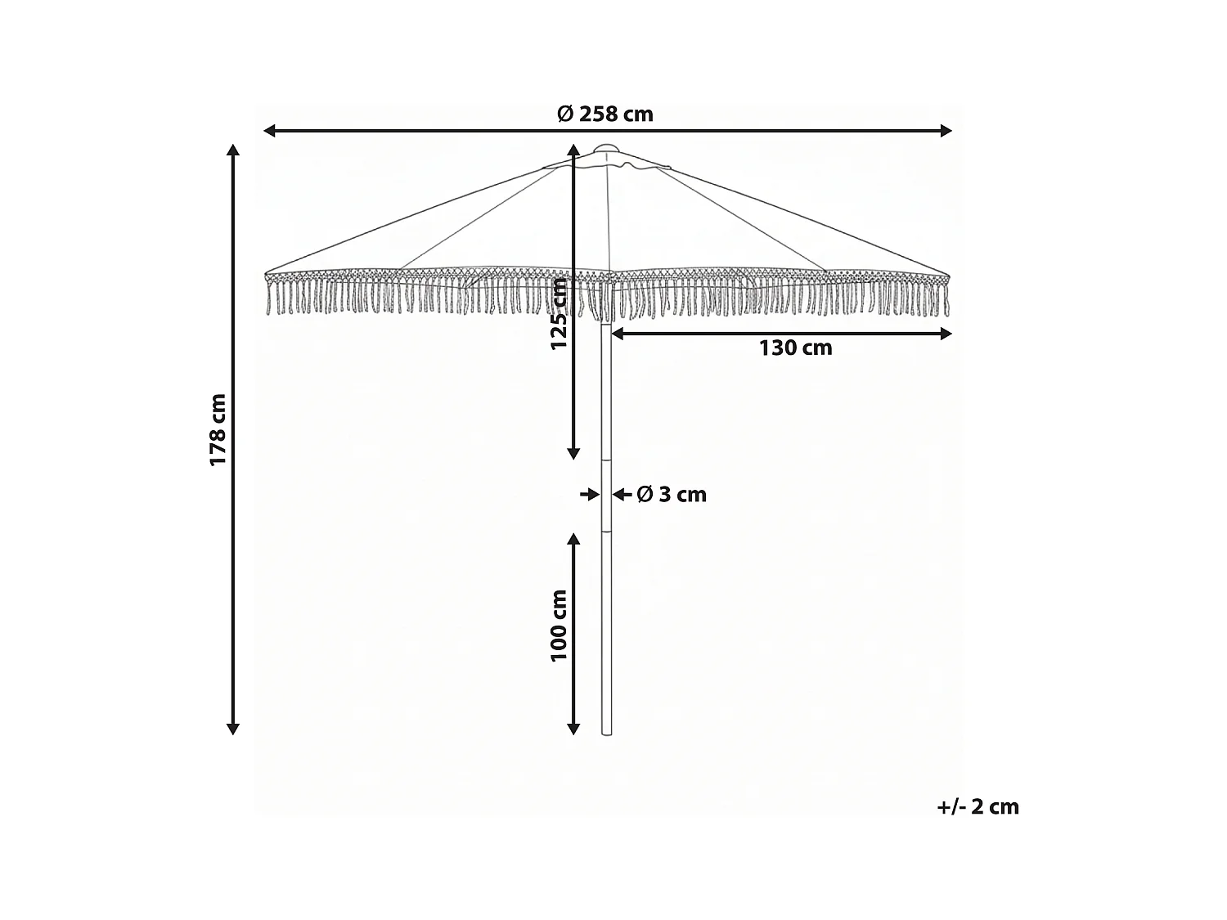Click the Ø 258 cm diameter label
[605, 114]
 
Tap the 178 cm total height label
[218, 429]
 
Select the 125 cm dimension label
[559, 313]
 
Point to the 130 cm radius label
[795, 348]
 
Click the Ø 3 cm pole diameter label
[671, 494]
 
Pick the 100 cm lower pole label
[559, 626]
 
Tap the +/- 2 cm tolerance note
[978, 806]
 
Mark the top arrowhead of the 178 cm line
[233, 151]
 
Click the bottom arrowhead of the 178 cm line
[233, 729]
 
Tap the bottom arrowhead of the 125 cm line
[574, 453]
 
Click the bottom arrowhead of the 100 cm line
[574, 729]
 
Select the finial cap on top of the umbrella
[607, 149]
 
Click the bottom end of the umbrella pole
[606, 734]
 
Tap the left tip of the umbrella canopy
[266, 273]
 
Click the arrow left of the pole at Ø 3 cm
[588, 494]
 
